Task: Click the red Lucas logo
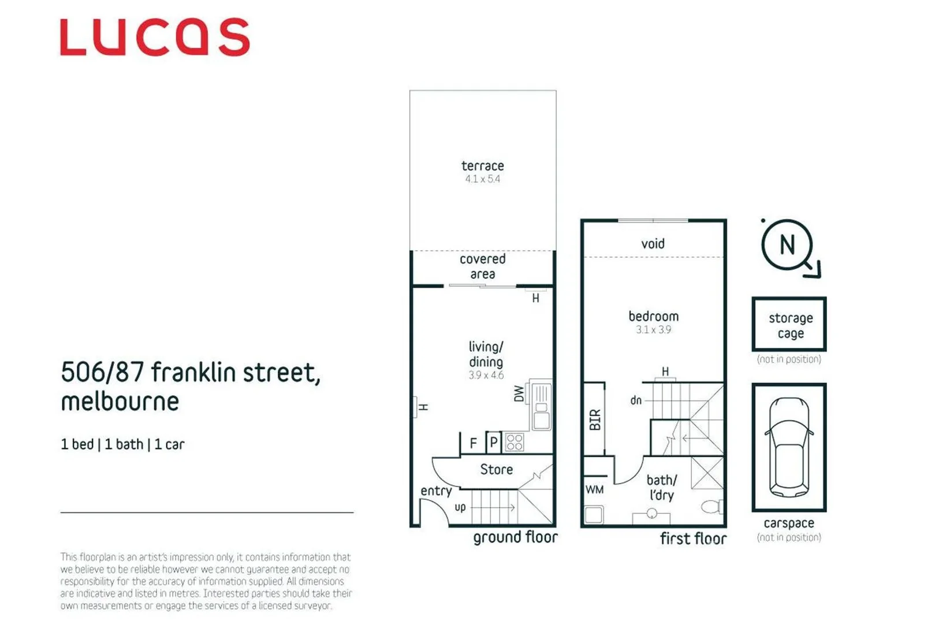pos(155,37)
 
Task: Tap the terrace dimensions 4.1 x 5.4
pos(482,179)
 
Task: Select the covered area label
pos(482,266)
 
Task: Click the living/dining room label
pos(485,354)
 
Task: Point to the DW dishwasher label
pos(519,394)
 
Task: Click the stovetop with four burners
pos(514,443)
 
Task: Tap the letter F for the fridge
pos(473,443)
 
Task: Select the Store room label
pos(496,470)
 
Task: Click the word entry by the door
pos(435,491)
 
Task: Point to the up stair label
pos(460,507)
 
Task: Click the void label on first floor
pos(653,244)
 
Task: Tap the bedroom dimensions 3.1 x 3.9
pos(653,330)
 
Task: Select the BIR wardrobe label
pos(595,419)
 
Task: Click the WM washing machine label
pos(594,490)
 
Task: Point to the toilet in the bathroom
pos(711,507)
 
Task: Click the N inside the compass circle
pos(787,245)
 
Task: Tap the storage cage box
pos(789,325)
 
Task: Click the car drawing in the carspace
pos(789,447)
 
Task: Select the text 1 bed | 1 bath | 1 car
pos(122,444)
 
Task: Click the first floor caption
pos(693,538)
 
